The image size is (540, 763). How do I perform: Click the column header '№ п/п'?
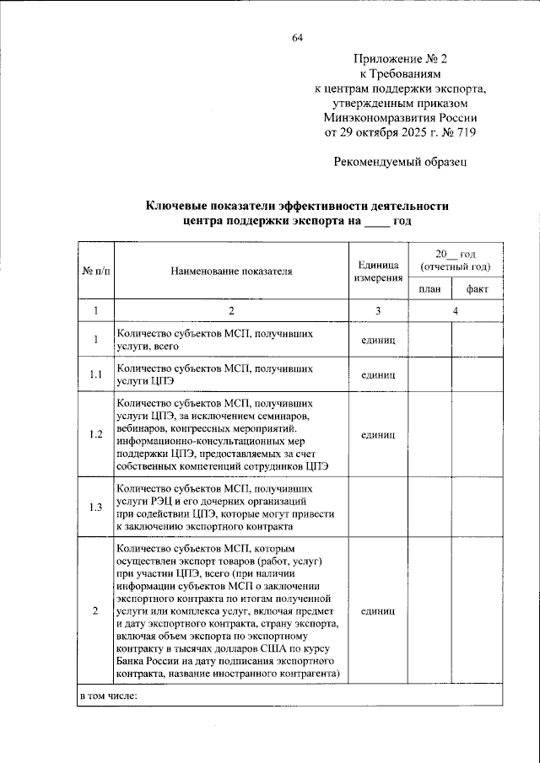click(x=94, y=271)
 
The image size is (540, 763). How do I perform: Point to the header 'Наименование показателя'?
click(x=230, y=271)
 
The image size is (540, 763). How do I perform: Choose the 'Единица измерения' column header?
click(x=377, y=271)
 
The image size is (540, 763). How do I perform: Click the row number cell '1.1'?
click(x=94, y=374)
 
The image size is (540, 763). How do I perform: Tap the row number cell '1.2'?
click(x=94, y=435)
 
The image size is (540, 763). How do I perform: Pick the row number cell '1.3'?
click(x=94, y=507)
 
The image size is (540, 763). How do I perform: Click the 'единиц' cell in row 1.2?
click(x=377, y=435)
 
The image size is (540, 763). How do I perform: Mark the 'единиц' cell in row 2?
click(x=377, y=610)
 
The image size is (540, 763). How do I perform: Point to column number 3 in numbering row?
click(x=377, y=311)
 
